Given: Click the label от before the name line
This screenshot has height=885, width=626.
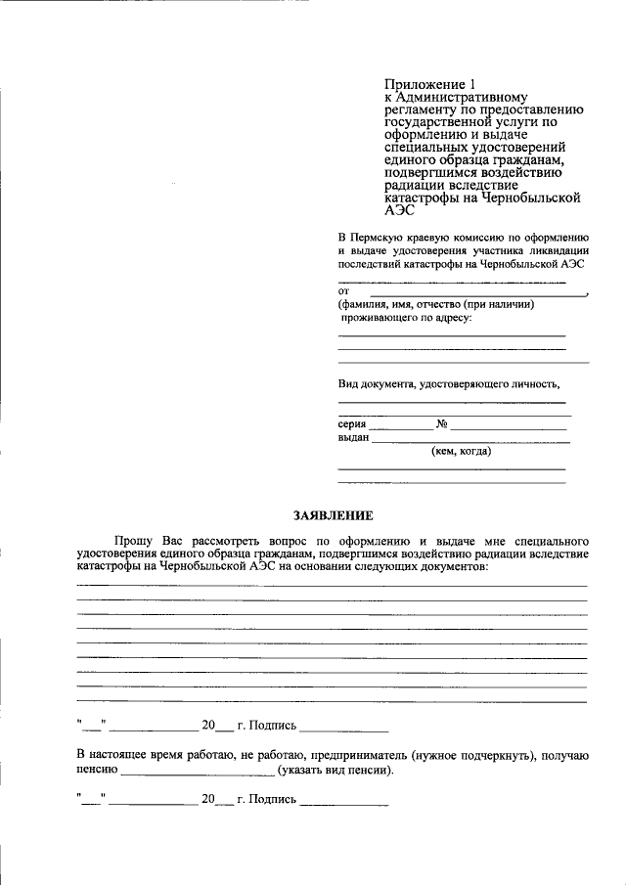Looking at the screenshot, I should point(343,291).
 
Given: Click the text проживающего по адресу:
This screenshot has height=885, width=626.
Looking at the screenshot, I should point(406,318).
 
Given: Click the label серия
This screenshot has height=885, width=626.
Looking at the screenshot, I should point(352,424).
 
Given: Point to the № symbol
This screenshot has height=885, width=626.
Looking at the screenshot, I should point(441,424).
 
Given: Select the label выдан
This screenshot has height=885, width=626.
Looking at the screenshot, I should point(353,438).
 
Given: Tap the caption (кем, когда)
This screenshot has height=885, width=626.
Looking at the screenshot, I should point(461,452).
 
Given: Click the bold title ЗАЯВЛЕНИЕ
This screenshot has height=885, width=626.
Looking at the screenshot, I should point(332,515).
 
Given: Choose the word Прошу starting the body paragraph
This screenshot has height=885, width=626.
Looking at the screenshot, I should point(132,540).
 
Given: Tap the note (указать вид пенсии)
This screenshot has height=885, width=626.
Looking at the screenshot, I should point(336,770).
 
